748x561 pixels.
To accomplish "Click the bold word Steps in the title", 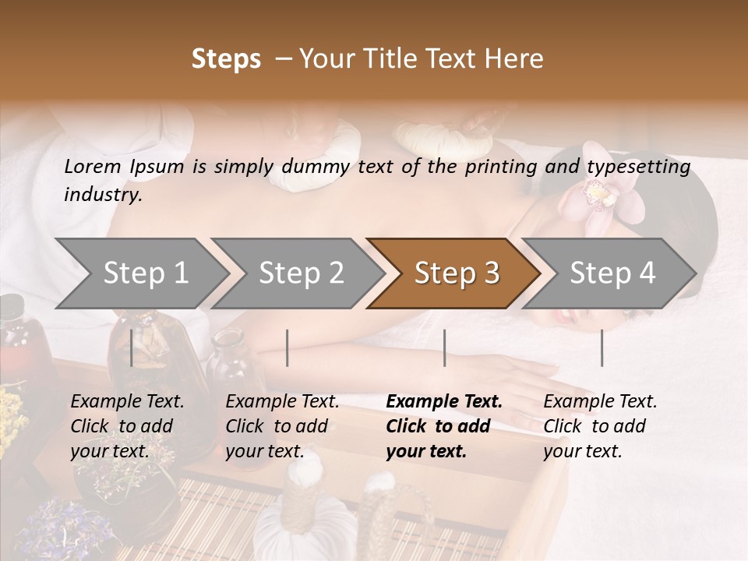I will (x=226, y=59).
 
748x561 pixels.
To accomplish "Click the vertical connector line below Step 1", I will (x=132, y=348).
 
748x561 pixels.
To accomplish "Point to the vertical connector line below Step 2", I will (x=288, y=348).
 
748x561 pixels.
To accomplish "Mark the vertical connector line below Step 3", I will (x=445, y=348).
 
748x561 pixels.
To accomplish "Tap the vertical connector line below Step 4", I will (x=602, y=348).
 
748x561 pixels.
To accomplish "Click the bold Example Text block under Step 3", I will (x=444, y=426).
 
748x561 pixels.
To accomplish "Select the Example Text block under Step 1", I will (x=127, y=426).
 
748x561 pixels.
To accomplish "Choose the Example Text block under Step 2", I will (x=282, y=426).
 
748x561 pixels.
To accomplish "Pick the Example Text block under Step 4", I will (x=600, y=426).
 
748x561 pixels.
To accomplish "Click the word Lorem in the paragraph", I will (x=93, y=167).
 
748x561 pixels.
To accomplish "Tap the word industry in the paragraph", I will (x=102, y=195).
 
